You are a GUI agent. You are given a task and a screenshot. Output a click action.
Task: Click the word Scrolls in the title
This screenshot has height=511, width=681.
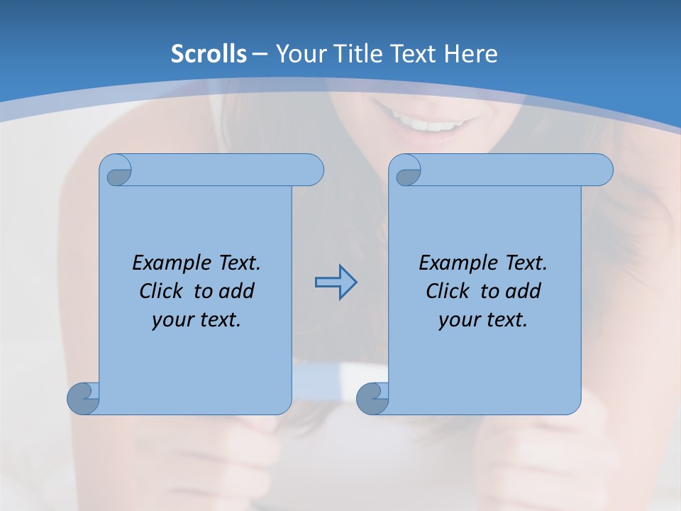click(209, 54)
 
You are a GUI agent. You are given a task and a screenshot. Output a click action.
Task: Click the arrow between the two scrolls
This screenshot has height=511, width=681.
click(336, 282)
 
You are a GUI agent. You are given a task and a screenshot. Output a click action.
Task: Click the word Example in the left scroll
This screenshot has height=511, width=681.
click(168, 263)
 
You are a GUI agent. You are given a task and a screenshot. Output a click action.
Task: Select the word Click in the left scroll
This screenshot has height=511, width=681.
click(162, 292)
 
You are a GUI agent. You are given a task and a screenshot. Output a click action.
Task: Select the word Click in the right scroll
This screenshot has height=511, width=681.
click(448, 292)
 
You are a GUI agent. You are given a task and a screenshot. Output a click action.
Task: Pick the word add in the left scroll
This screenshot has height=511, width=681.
click(237, 292)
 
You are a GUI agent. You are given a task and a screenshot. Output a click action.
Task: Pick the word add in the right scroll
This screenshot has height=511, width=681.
click(524, 292)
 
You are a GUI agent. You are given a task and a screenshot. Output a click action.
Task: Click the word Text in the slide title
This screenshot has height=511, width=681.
click(414, 54)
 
